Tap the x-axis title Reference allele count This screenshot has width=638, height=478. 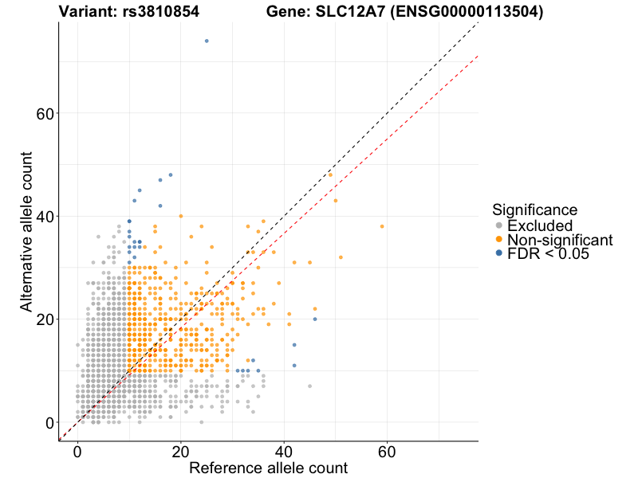pyautogui.click(x=268, y=468)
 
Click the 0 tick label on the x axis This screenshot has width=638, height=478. pyautogui.click(x=77, y=451)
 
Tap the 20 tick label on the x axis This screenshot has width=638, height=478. pyautogui.click(x=180, y=451)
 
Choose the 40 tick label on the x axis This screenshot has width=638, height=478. pyautogui.click(x=284, y=451)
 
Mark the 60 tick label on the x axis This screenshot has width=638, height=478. pyautogui.click(x=387, y=451)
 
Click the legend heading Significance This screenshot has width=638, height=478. pyautogui.click(x=534, y=210)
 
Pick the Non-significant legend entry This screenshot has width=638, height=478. pyautogui.click(x=559, y=240)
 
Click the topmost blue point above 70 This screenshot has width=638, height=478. pyautogui.click(x=207, y=41)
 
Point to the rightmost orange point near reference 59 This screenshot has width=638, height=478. pyautogui.click(x=382, y=226)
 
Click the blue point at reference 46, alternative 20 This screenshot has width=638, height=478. pyautogui.click(x=315, y=319)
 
